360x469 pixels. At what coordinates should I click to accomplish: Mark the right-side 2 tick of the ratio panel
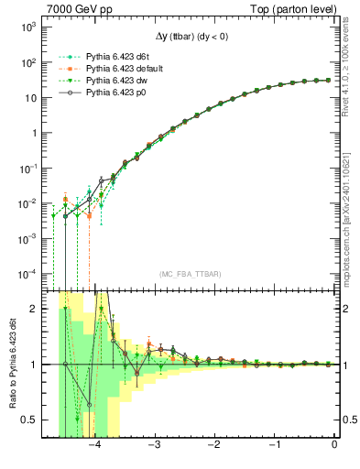(x=346, y=309)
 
